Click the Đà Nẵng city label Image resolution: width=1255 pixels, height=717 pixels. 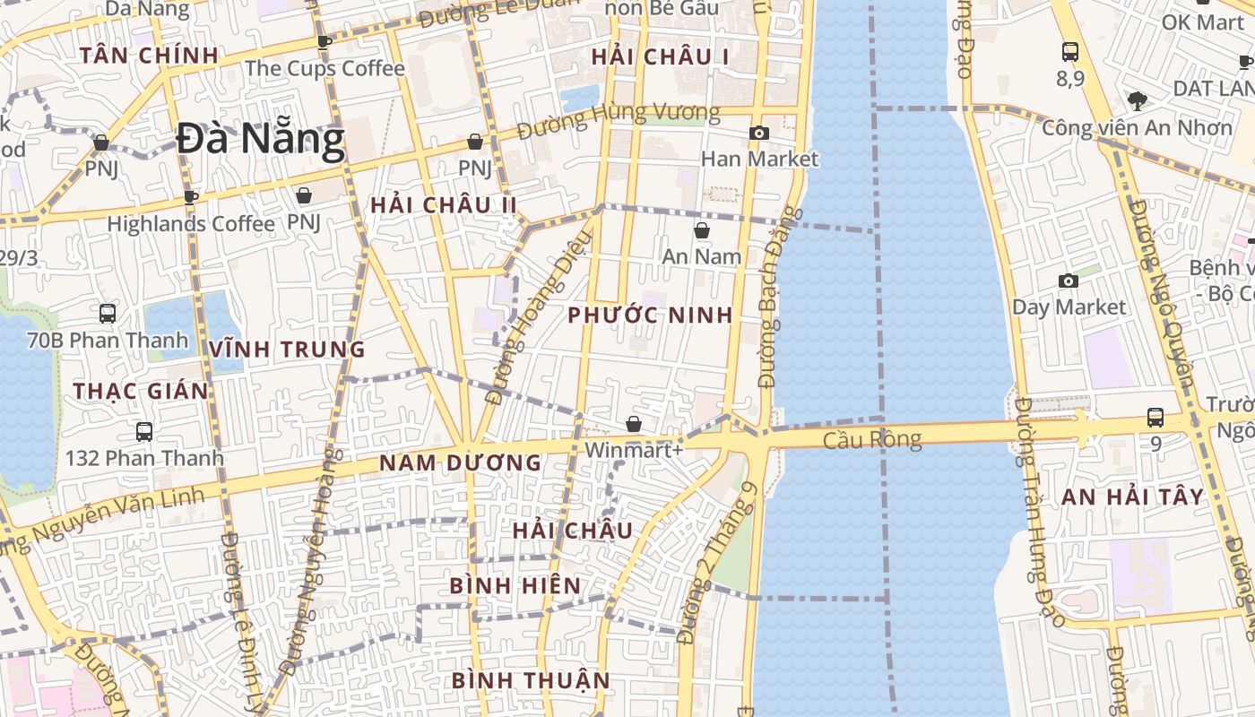click(x=260, y=140)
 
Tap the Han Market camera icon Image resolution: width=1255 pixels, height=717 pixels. click(x=759, y=134)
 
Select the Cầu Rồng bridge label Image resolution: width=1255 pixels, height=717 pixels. click(x=872, y=439)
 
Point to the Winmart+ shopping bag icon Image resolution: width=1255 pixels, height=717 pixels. click(x=634, y=424)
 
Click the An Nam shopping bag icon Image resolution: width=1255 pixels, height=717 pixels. click(x=702, y=230)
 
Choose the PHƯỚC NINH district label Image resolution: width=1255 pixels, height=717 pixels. click(x=650, y=315)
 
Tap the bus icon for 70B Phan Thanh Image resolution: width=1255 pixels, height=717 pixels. click(x=108, y=314)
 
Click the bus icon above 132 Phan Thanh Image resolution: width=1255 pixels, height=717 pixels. click(x=144, y=432)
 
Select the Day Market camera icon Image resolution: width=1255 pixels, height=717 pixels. click(x=1068, y=281)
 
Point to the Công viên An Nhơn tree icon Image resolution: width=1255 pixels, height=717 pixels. click(x=1138, y=100)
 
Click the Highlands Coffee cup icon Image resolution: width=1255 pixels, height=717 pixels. click(x=190, y=197)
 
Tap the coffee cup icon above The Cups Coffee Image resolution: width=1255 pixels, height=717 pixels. click(x=325, y=41)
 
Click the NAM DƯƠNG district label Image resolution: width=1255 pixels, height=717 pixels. click(x=460, y=463)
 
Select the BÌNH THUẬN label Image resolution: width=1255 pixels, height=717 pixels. click(x=531, y=681)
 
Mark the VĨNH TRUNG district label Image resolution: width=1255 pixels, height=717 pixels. click(x=287, y=350)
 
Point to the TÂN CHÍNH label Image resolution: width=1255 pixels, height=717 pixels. click(x=149, y=56)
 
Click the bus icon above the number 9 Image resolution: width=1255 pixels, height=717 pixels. click(x=1155, y=418)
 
